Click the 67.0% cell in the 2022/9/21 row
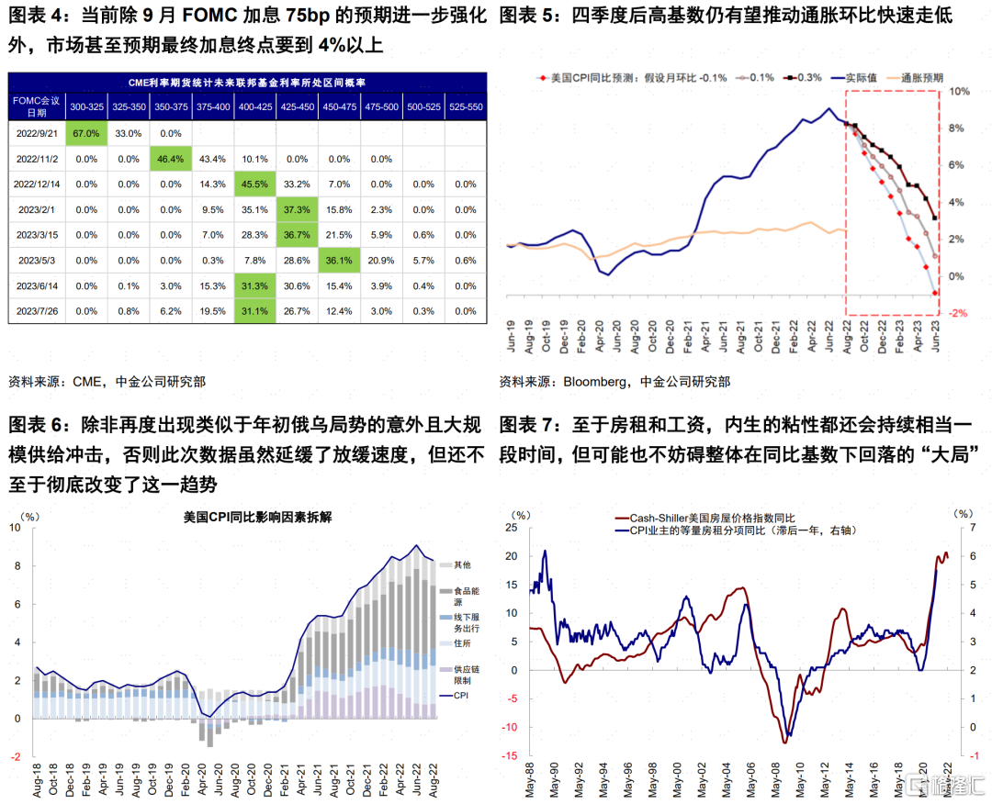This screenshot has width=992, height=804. coord(86,133)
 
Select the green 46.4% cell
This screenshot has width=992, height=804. coord(171,159)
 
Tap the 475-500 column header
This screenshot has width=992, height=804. coord(381,106)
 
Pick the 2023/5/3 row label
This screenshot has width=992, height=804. coord(37,261)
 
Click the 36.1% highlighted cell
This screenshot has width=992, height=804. coord(339,261)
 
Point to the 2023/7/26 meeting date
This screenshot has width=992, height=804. coord(37,311)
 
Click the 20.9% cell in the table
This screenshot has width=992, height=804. coord(381,261)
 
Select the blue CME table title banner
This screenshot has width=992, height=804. coord(247,83)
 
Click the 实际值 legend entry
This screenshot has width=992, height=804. coord(854,78)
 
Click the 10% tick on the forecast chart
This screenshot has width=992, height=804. coord(959,92)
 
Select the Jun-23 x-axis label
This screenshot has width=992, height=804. coord(935,335)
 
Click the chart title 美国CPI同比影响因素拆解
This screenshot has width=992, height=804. coord(257,517)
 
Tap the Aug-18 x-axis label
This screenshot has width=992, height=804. coord(37,780)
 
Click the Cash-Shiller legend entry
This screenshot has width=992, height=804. coord(705,519)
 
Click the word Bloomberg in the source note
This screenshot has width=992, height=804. coord(594,382)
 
